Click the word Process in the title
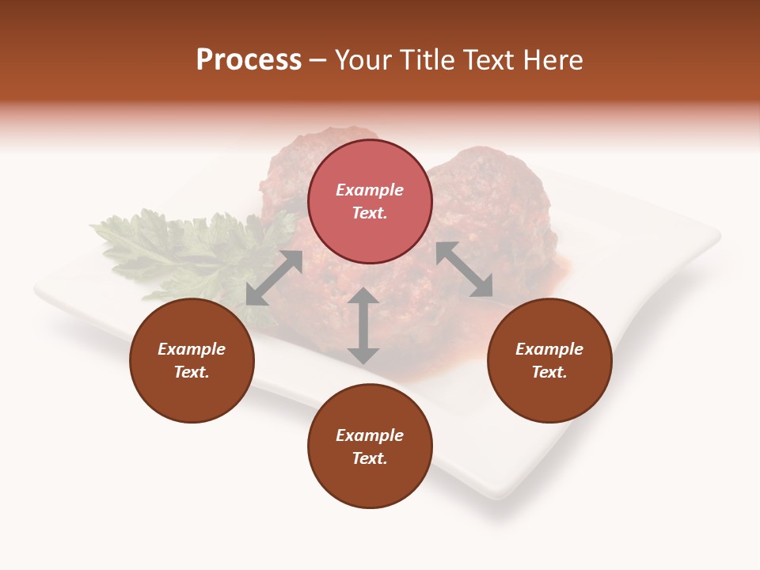pos(249,60)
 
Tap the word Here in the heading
pos(552,60)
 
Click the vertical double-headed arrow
pos(363,325)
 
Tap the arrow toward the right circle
pos(465,269)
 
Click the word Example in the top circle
pos(370,190)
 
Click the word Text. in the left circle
pos(192,372)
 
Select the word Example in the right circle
pos(549,349)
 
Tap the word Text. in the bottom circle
pos(370,458)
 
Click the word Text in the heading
pos(490,60)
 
